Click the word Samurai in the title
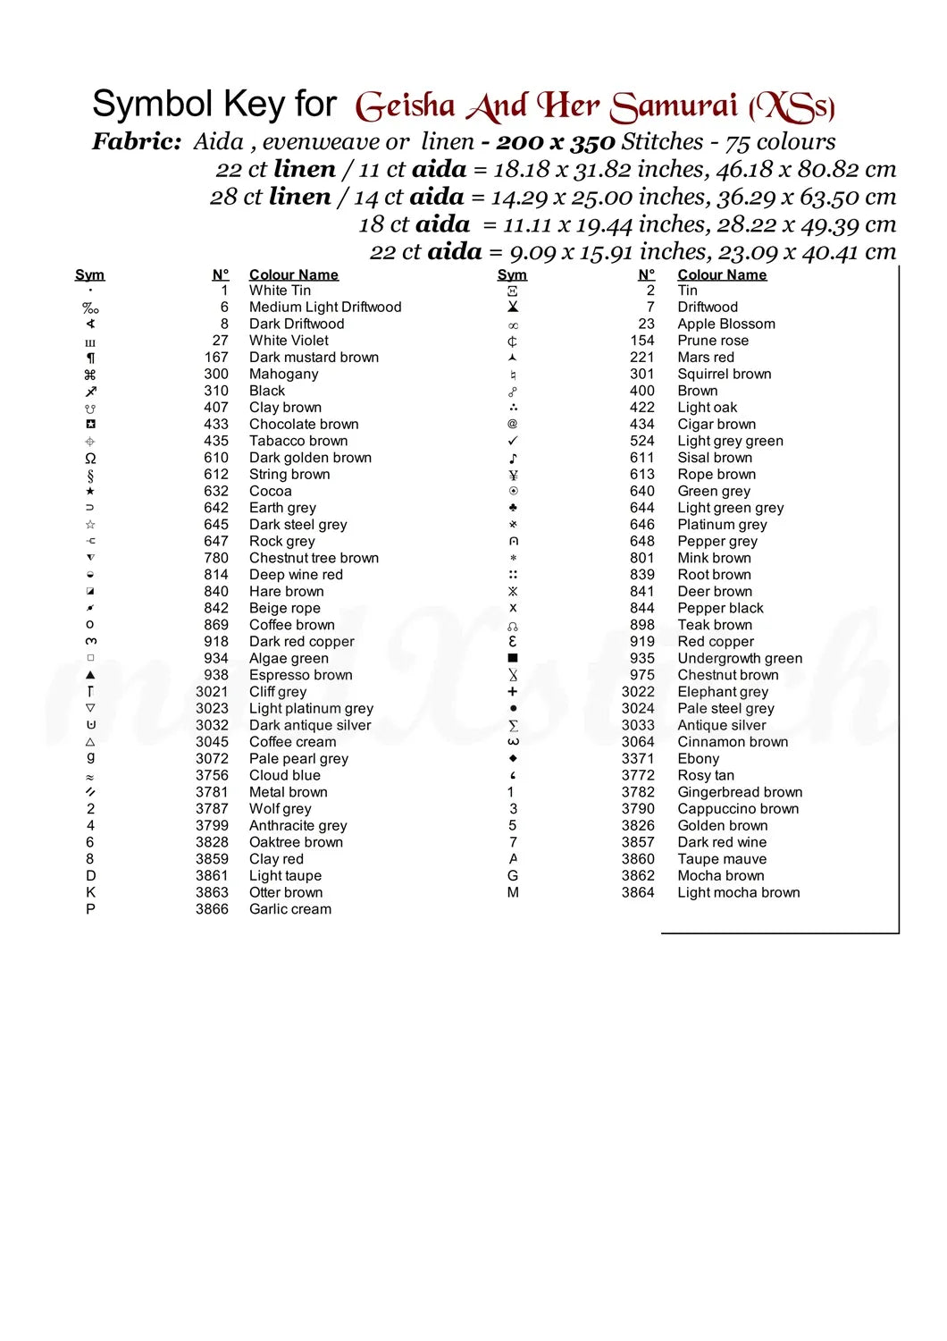click(x=675, y=107)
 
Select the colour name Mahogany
click(x=283, y=374)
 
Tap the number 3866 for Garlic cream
click(x=212, y=909)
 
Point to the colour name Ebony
click(x=698, y=758)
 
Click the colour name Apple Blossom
click(x=725, y=324)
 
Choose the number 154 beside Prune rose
click(x=641, y=341)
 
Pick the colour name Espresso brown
click(x=300, y=675)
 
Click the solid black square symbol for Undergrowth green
click(x=513, y=658)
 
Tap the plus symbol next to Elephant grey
click(x=513, y=692)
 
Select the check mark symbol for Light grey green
click(x=513, y=441)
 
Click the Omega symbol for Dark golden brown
click(x=90, y=458)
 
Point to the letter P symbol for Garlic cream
click(x=90, y=909)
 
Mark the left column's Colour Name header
click(x=293, y=274)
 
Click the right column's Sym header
click(x=512, y=274)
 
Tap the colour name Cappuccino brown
click(x=738, y=809)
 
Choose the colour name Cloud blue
click(x=284, y=775)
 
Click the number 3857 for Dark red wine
click(x=638, y=842)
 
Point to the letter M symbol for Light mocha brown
click(x=513, y=892)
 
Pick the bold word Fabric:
click(x=137, y=141)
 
